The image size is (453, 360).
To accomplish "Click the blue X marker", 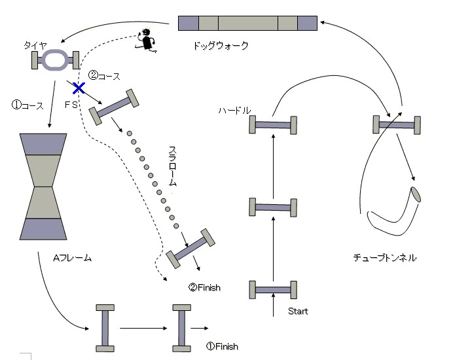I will coord(79,87).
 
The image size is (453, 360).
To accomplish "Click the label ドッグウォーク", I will coord(221,46).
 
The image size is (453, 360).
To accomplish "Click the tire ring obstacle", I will coord(55,60).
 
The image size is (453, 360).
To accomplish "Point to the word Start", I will coord(298,311).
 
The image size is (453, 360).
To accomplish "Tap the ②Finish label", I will coord(204,287).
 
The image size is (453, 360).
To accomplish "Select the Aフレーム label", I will coord(72,259).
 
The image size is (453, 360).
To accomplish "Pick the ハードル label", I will coord(234,111).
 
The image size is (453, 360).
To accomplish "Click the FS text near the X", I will coord(72,103).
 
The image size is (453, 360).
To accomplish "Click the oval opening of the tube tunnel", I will coord(416,195).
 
